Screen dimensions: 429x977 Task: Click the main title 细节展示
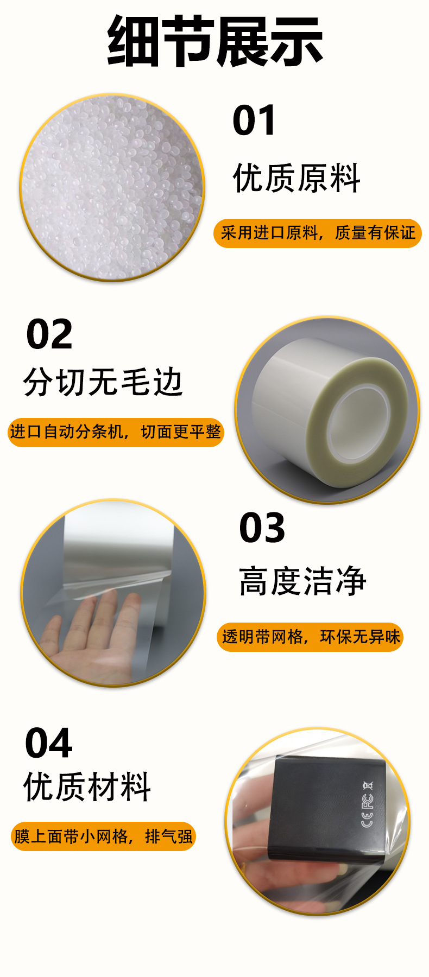215,42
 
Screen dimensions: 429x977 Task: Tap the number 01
254,120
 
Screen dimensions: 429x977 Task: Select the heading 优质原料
296,178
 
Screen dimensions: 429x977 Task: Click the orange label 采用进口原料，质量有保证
318,233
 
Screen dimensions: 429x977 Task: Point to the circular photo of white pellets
112,187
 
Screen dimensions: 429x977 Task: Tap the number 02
49,334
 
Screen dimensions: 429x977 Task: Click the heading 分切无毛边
103,382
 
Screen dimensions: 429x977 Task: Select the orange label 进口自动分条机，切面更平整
116,432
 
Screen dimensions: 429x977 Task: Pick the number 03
262,528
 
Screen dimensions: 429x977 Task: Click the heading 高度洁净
303,581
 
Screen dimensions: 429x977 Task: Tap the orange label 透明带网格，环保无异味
310,637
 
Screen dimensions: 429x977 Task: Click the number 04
49,743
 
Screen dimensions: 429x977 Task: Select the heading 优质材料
87,786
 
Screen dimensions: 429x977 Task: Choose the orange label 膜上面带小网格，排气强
103,836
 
